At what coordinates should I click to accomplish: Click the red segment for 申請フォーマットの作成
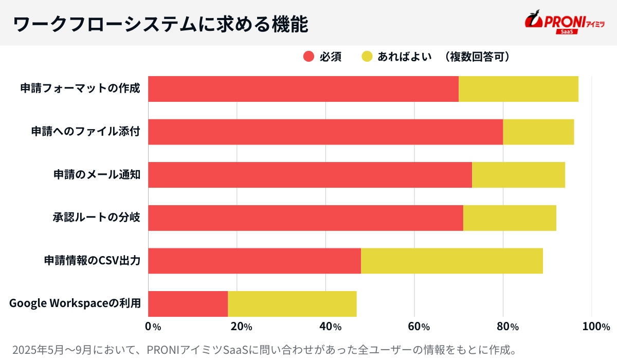click(x=303, y=89)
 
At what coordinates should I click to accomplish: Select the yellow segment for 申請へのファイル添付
click(x=538, y=132)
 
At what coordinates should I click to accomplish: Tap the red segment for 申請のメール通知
click(x=310, y=175)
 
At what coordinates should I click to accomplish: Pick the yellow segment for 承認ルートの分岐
click(x=510, y=218)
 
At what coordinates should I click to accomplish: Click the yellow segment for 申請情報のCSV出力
click(x=452, y=261)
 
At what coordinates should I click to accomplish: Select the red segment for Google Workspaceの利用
click(x=188, y=303)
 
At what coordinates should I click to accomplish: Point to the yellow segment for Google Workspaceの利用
click(x=292, y=303)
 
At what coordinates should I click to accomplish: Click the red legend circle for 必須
click(x=308, y=57)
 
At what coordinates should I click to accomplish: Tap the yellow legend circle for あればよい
click(x=367, y=57)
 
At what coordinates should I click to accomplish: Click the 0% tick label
click(x=153, y=326)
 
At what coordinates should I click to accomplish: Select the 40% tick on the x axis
click(x=330, y=326)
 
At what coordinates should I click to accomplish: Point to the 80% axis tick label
click(x=507, y=326)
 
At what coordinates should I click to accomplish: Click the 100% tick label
click(x=596, y=326)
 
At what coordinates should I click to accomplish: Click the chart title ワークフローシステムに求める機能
click(x=160, y=24)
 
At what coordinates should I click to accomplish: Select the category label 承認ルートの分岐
click(x=97, y=218)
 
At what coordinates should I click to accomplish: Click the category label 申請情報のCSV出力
click(x=93, y=261)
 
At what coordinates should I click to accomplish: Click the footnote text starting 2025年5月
click(x=264, y=350)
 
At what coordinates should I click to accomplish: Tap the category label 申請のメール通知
click(x=97, y=175)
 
